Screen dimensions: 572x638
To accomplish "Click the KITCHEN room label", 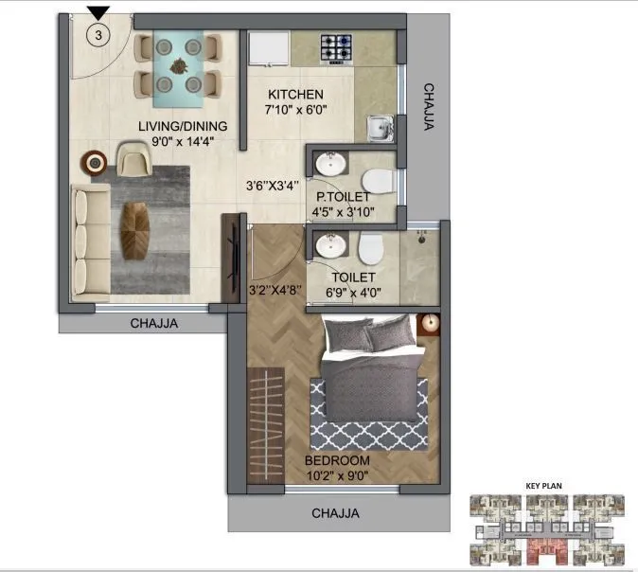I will [295, 95].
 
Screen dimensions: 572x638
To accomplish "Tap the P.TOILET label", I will [343, 197].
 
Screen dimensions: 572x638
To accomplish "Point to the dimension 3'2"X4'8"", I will [275, 290].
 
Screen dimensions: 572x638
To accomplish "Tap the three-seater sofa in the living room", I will [87, 242].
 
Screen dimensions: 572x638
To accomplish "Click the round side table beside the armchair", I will [95, 163].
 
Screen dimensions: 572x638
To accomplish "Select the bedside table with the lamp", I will [428, 324].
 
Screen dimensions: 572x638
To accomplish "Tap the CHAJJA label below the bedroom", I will [339, 514].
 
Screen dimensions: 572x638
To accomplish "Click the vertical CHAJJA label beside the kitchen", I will [428, 107].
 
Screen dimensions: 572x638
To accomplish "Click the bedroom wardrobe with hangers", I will [265, 414].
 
